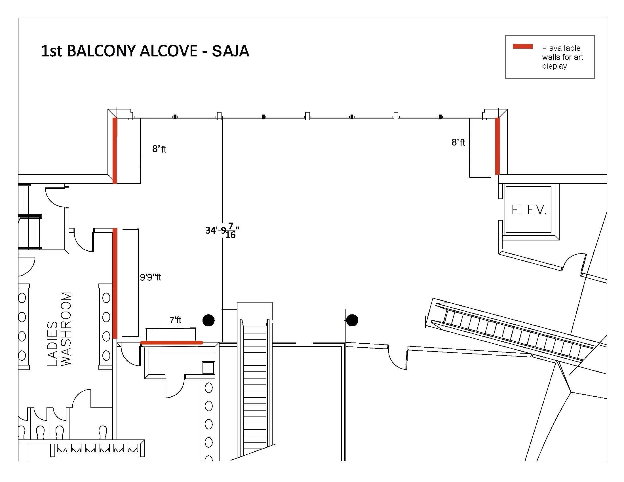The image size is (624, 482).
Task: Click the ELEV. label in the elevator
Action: pos(529,210)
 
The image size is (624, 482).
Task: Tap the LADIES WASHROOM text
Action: pos(59,329)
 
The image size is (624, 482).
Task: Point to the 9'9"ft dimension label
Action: pos(151,277)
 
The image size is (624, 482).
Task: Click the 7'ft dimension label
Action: pos(176,320)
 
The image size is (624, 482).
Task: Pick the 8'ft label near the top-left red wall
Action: pos(159,149)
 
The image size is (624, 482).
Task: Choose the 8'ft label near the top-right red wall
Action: pos(458,142)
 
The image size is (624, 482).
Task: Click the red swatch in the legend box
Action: pos(523,46)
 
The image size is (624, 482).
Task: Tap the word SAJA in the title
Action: pos(231,51)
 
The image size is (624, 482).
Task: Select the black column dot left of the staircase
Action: pos(208,320)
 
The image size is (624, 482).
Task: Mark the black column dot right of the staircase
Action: pos(352,320)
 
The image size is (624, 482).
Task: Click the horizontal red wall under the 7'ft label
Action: pos(171,343)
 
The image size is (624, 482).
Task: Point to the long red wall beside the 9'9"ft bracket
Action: pos(115,283)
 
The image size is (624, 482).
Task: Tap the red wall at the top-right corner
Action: pos(497,146)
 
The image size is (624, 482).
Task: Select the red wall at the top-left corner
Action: pos(115,151)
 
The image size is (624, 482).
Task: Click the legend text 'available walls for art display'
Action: pos(562,57)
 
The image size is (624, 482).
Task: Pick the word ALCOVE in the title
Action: pos(168,51)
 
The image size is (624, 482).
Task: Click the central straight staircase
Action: pos(255,380)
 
